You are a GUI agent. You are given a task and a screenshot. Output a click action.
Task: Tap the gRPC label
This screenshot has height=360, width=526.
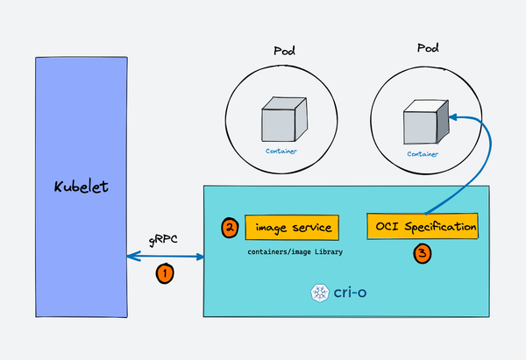[x=164, y=239]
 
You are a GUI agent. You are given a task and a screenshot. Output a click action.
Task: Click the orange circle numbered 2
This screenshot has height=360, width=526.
[x=229, y=228]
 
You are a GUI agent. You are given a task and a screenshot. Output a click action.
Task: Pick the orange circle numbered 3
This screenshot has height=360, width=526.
[x=423, y=254]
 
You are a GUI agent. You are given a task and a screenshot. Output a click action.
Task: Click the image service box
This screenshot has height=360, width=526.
[x=291, y=228]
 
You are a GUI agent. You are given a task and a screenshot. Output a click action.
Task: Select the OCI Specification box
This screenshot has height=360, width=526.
[x=422, y=226]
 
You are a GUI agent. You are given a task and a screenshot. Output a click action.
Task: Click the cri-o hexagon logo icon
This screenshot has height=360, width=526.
[x=319, y=292]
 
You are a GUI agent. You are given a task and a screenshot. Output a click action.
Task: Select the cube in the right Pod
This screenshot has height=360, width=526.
[x=424, y=124]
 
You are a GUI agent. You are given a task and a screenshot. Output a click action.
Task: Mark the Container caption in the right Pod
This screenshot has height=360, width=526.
[x=423, y=153]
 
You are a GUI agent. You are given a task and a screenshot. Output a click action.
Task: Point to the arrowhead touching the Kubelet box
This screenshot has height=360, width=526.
[x=131, y=257]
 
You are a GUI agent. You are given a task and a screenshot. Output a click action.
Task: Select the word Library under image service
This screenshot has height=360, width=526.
[x=324, y=251]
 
